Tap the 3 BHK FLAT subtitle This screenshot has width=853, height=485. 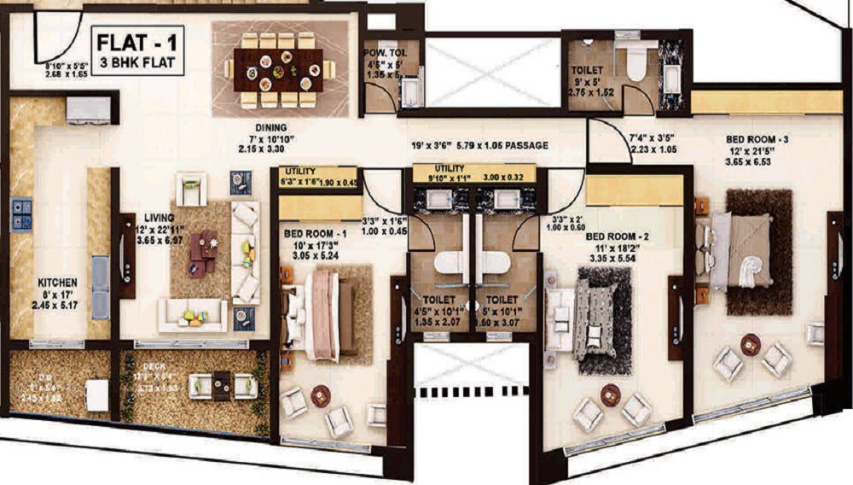coord(136,62)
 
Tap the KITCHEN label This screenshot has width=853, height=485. coord(57,281)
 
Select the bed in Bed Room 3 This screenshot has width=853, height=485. coord(742,248)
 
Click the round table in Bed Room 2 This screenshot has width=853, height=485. coord(610,394)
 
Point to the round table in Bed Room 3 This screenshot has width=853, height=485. coord(751,344)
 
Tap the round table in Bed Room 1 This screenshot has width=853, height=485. coord(321,395)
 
